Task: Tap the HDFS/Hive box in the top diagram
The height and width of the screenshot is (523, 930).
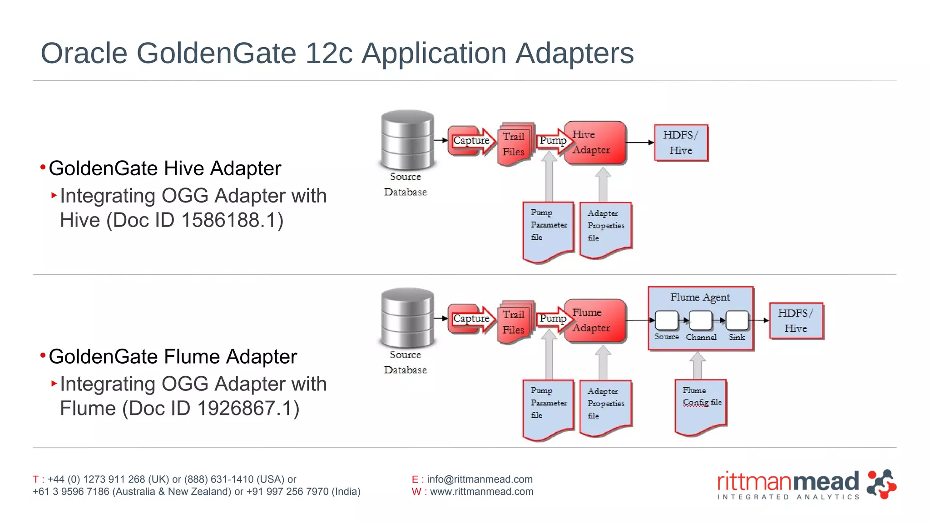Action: coord(681,143)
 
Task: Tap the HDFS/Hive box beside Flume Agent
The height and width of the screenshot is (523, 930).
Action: coord(796,321)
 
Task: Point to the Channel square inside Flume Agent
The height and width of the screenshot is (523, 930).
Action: coord(701,320)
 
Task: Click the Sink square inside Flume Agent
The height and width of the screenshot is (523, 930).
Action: coord(737,320)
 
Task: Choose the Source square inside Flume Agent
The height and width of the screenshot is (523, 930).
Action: coord(667,320)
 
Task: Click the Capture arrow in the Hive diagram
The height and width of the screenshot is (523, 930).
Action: coord(471,141)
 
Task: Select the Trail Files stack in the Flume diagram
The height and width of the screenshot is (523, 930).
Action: coord(514,322)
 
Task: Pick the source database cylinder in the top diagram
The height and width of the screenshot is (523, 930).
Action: coord(407,139)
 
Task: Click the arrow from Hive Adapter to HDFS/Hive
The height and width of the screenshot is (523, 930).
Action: coord(640,143)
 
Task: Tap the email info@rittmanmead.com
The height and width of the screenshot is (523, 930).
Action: coord(480,479)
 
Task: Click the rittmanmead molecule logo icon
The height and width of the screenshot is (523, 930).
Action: coord(881,484)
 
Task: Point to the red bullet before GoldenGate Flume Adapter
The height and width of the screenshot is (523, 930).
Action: coord(43,355)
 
